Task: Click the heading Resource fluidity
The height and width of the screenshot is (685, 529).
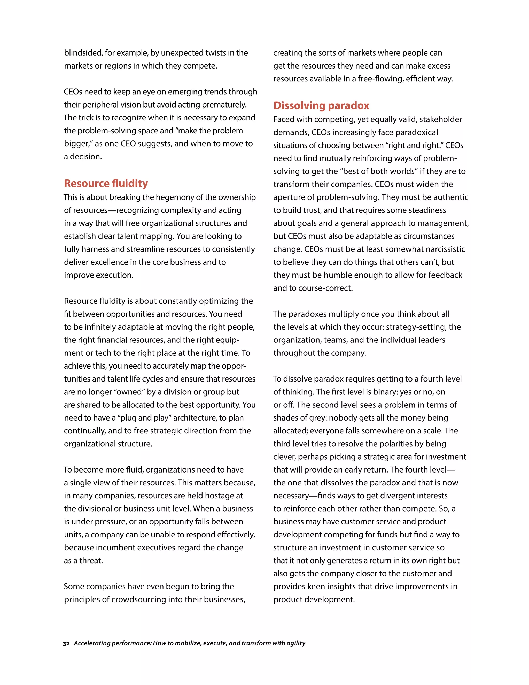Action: click(106, 183)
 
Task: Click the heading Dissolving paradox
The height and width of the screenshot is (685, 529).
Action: click(321, 105)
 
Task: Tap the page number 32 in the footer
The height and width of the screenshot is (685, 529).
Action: click(66, 643)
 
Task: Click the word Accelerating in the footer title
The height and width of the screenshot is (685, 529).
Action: click(92, 643)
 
